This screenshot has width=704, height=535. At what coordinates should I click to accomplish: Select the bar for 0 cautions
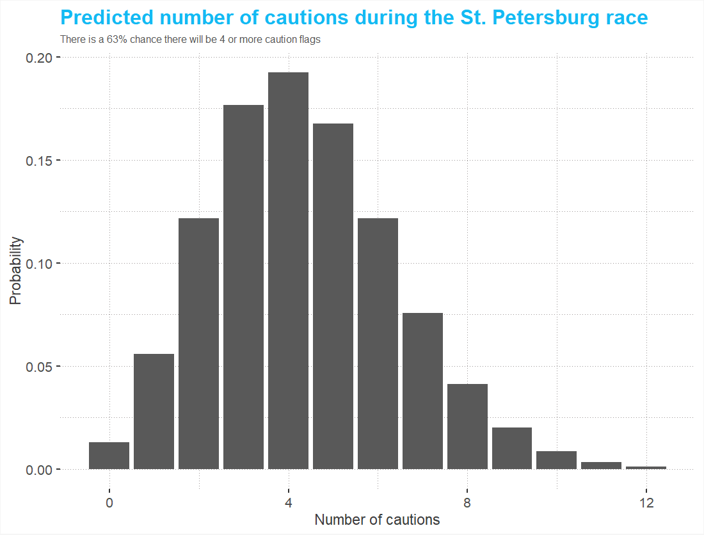[x=109, y=456]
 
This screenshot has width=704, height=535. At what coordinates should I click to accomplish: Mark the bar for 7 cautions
[x=422, y=391]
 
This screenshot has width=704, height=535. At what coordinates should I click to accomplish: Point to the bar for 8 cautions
[x=467, y=426]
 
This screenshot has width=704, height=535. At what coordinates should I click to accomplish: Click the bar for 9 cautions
[x=512, y=448]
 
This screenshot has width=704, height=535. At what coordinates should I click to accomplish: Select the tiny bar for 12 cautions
[x=646, y=468]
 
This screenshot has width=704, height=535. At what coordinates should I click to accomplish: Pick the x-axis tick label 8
[x=467, y=502]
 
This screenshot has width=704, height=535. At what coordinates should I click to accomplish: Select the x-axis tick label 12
[x=646, y=502]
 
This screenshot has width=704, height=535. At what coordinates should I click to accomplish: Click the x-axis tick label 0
[x=109, y=502]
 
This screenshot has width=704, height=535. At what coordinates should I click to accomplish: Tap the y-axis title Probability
[x=15, y=271]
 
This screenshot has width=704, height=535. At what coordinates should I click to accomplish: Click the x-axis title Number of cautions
[x=377, y=520]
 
